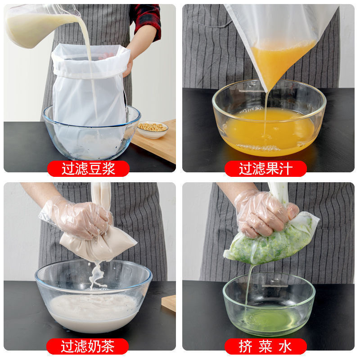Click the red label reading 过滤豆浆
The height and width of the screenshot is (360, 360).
(x=88, y=169)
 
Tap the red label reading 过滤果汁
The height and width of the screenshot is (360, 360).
(x=265, y=169)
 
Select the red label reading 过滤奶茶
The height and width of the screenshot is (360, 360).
(x=87, y=346)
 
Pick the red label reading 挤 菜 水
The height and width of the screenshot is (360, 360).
(x=265, y=346)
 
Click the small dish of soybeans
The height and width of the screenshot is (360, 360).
(x=152, y=128)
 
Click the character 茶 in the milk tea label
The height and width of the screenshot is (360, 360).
(x=108, y=346)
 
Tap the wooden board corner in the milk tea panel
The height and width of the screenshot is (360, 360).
(x=169, y=303)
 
